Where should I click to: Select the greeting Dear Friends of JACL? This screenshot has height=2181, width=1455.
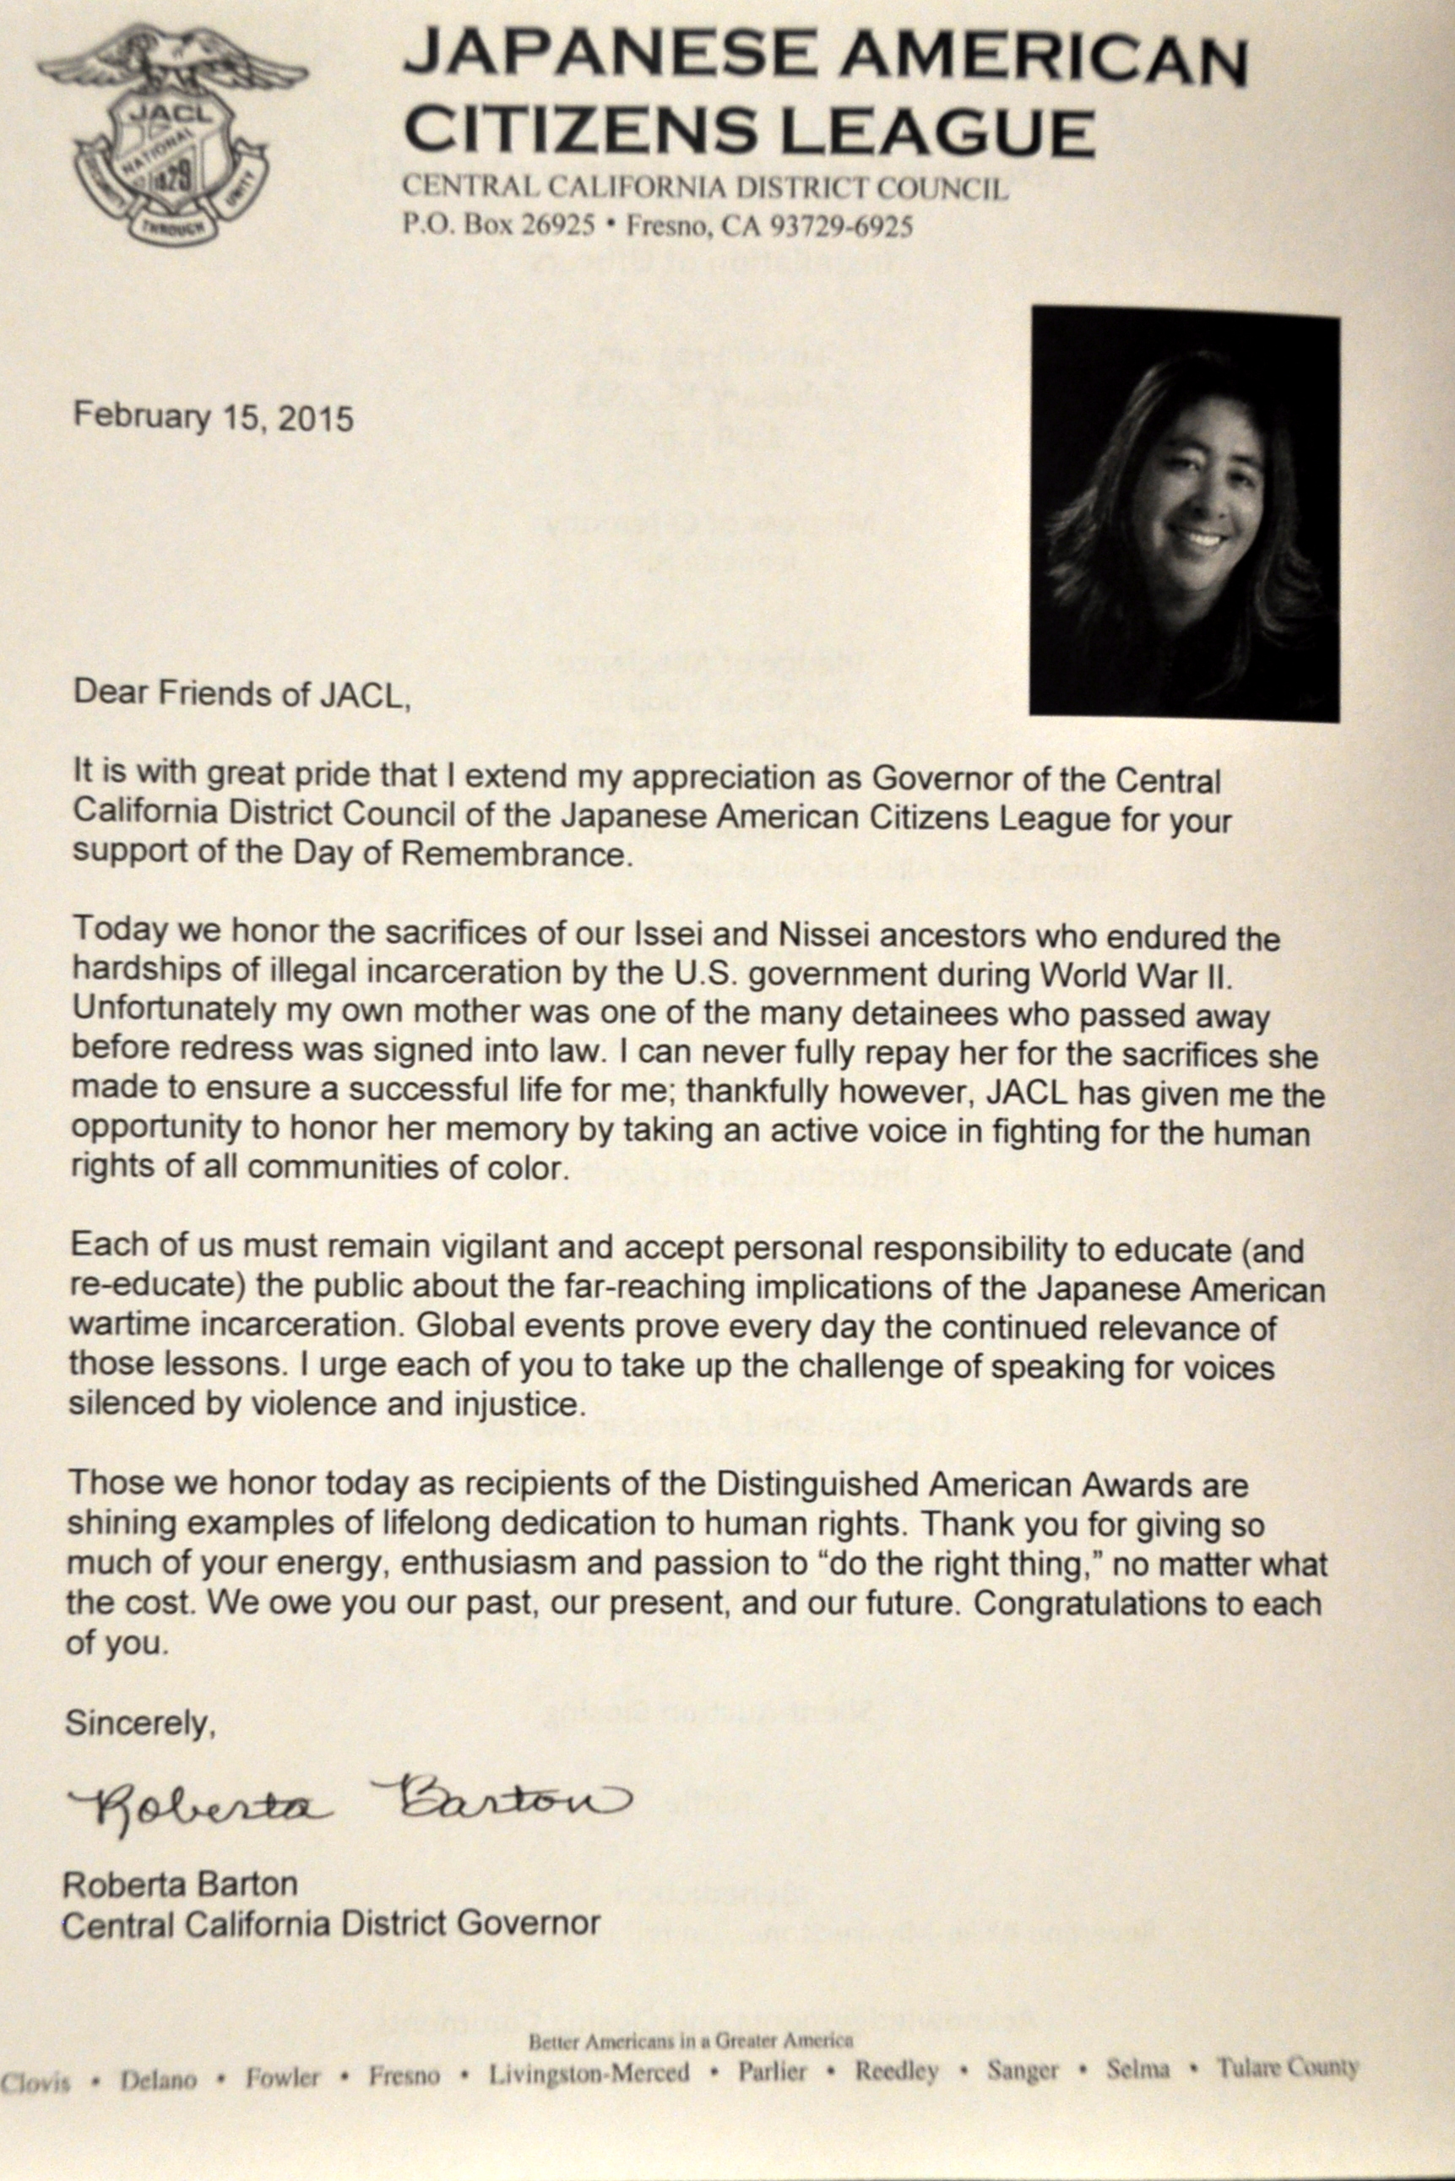(x=242, y=694)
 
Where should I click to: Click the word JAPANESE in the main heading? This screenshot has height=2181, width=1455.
(x=608, y=54)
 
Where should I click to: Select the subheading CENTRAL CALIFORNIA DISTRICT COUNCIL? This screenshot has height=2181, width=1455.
(x=704, y=188)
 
